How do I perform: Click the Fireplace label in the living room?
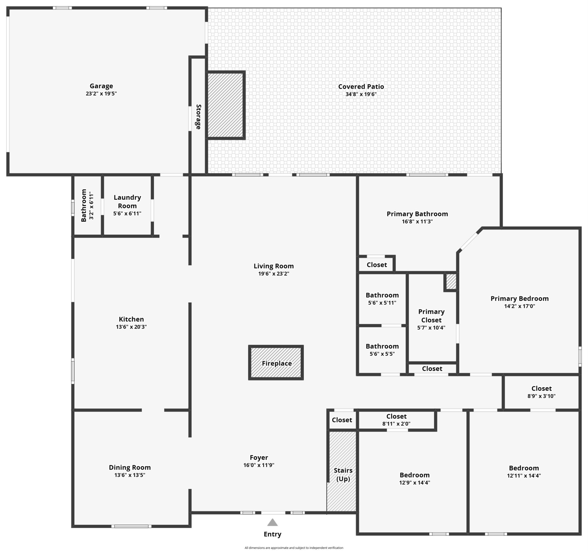pyautogui.click(x=277, y=363)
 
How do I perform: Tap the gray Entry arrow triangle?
pyautogui.click(x=272, y=522)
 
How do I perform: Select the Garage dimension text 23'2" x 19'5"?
pyautogui.click(x=101, y=93)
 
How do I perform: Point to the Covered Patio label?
pyautogui.click(x=361, y=87)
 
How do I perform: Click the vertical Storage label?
pyautogui.click(x=198, y=117)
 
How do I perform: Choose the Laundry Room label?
pyautogui.click(x=127, y=202)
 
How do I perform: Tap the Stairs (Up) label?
pyautogui.click(x=343, y=474)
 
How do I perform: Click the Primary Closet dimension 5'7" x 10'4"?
pyautogui.click(x=431, y=327)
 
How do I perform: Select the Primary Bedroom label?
pyautogui.click(x=519, y=298)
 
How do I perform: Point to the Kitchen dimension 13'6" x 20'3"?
pyautogui.click(x=131, y=326)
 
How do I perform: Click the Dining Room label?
pyautogui.click(x=130, y=467)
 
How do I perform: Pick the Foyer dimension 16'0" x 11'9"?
pyautogui.click(x=259, y=465)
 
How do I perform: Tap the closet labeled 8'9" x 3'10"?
pyautogui.click(x=541, y=392)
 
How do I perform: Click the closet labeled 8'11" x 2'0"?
pyautogui.click(x=396, y=420)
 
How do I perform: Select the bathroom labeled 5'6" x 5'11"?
pyautogui.click(x=382, y=299)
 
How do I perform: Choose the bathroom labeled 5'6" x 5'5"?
pyautogui.click(x=382, y=350)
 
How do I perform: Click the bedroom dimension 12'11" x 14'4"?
pyautogui.click(x=524, y=476)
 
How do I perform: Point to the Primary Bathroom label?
pyautogui.click(x=417, y=214)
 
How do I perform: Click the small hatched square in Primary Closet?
pyautogui.click(x=450, y=281)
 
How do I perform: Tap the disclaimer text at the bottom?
pyautogui.click(x=294, y=548)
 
